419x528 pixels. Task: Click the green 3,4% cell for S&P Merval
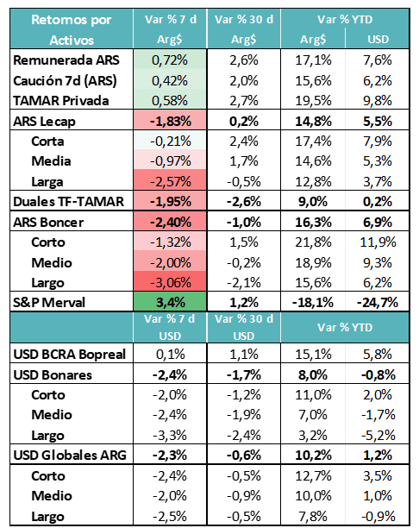(x=171, y=302)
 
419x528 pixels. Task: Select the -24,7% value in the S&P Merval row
(x=378, y=302)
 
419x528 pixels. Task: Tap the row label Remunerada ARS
(x=66, y=60)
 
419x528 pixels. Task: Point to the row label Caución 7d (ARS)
(x=65, y=81)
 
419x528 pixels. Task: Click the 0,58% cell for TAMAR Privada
(x=170, y=101)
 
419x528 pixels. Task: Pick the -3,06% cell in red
(x=171, y=282)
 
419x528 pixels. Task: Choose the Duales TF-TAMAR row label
(x=69, y=202)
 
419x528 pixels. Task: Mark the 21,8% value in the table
(x=313, y=242)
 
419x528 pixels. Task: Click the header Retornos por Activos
(x=72, y=29)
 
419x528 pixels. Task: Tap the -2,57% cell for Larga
(x=171, y=181)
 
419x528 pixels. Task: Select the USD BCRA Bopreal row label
(x=69, y=355)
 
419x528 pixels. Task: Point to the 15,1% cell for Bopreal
(x=313, y=355)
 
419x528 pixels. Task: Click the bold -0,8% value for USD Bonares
(x=378, y=374)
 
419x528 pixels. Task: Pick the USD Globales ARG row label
(x=70, y=456)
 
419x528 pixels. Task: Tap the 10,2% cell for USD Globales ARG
(x=313, y=456)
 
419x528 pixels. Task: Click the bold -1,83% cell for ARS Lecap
(x=171, y=121)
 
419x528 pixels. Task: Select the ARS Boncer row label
(x=48, y=223)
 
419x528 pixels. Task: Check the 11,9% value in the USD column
(x=378, y=242)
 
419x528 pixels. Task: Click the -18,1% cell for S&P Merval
(x=313, y=302)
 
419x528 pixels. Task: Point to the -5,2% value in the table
(x=378, y=435)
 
